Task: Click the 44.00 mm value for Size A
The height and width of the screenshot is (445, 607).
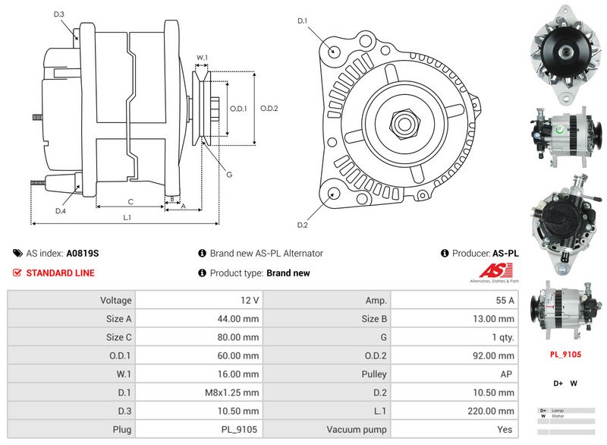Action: (239, 319)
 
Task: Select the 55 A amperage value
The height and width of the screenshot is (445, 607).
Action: (505, 301)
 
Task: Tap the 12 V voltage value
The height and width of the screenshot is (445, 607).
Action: (249, 301)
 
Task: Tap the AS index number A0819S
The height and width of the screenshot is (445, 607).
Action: (83, 254)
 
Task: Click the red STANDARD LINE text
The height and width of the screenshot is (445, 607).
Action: (61, 273)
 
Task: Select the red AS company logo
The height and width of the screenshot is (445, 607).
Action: (498, 271)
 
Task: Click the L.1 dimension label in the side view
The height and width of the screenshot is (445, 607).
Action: (127, 218)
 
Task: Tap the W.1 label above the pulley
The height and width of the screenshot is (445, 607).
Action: (203, 58)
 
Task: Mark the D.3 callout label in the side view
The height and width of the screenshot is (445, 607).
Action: (59, 14)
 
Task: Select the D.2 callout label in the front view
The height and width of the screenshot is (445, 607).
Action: (302, 225)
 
